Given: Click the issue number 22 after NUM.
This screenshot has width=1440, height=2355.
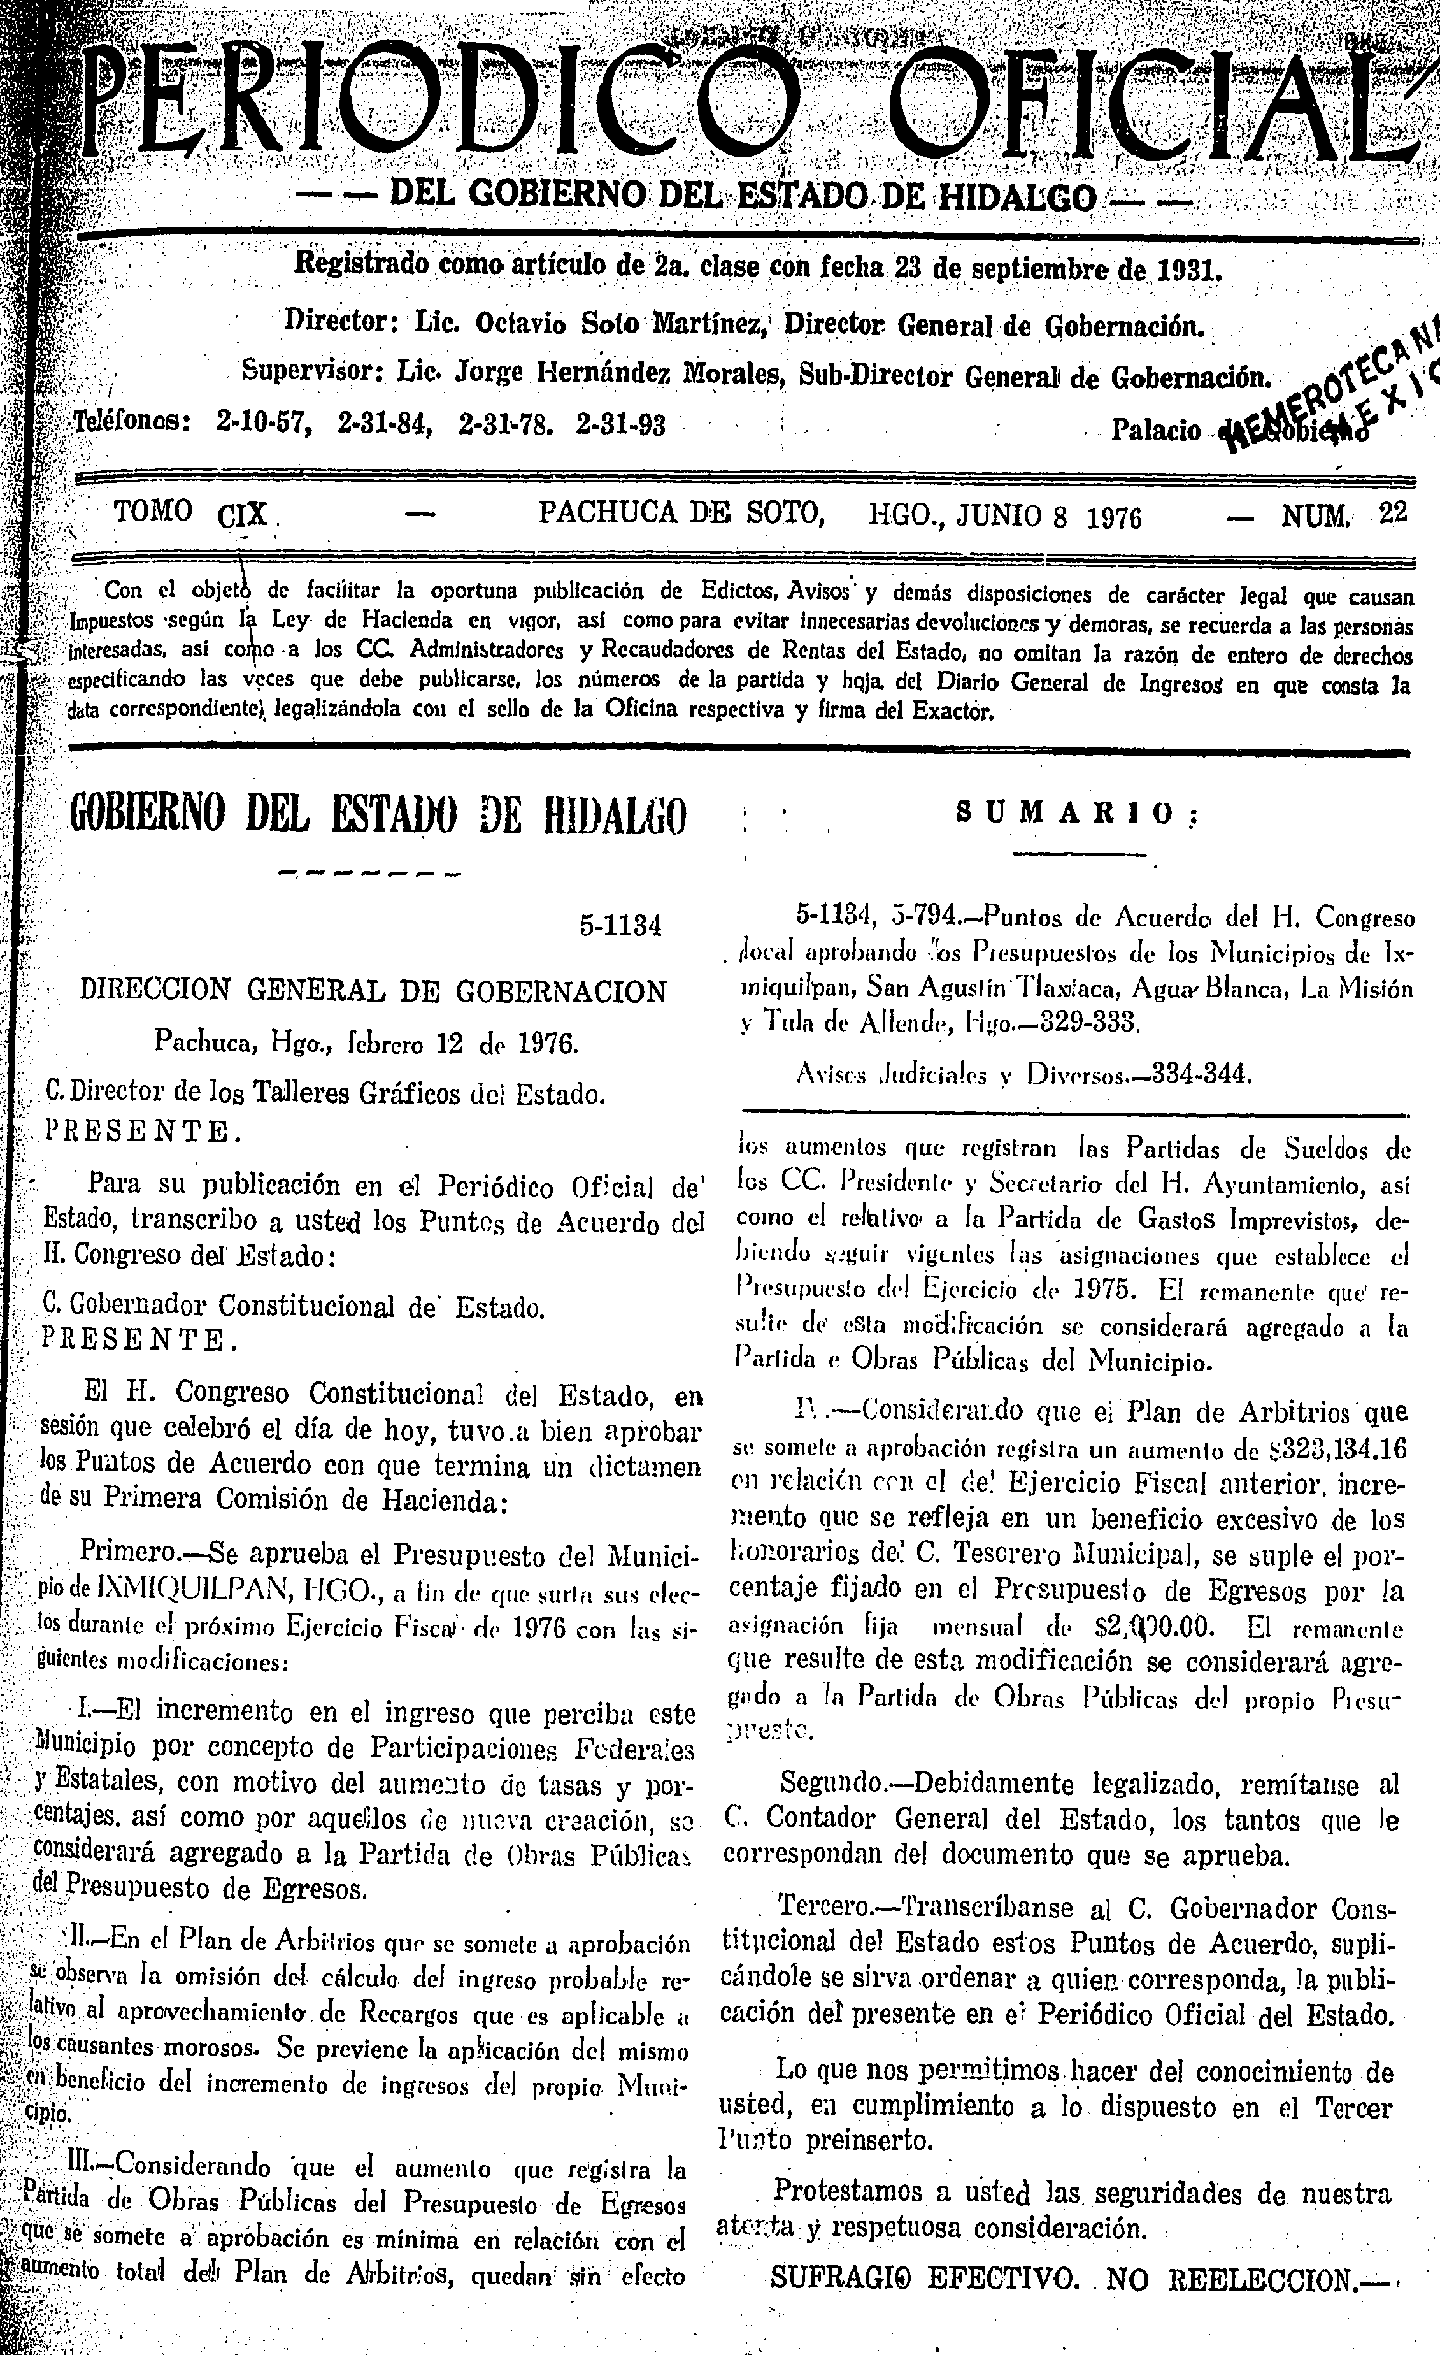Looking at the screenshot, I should pos(1393,514).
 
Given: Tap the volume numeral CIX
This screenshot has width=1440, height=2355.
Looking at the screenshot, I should pos(244,517).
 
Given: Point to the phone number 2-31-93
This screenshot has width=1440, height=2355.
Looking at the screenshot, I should pos(621,423).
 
